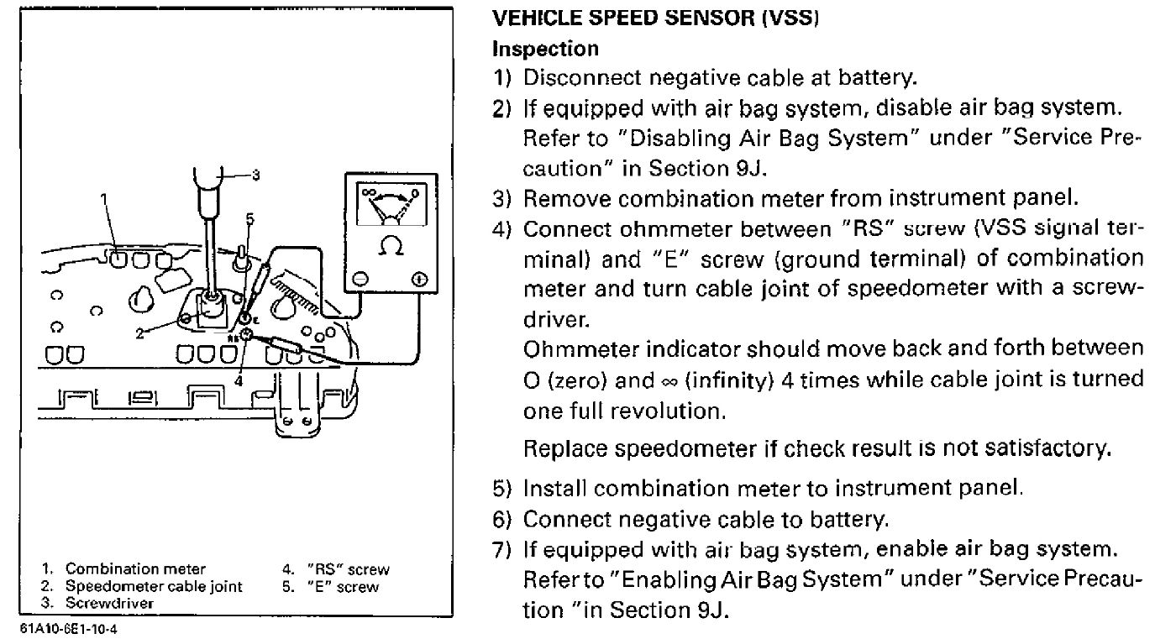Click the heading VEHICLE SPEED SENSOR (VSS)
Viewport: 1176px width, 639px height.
(x=654, y=19)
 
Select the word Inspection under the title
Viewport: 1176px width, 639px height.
(x=544, y=49)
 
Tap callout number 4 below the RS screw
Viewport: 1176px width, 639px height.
(x=239, y=380)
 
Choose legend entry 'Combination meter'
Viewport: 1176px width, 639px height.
(x=135, y=570)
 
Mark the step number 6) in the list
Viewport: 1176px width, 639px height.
(x=501, y=520)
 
